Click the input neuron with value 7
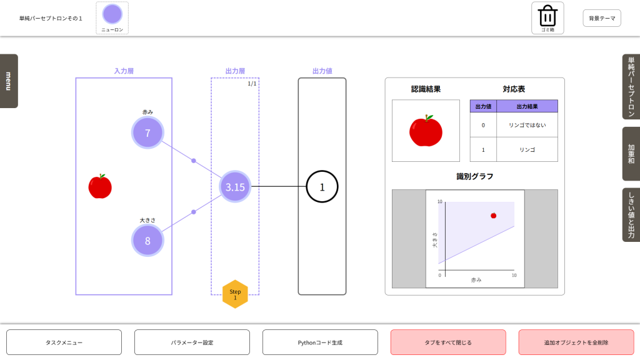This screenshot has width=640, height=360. pyautogui.click(x=147, y=132)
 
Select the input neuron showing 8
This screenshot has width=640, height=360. pyautogui.click(x=147, y=241)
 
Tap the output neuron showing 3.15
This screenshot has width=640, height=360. pyautogui.click(x=235, y=186)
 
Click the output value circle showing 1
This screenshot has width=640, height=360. pyautogui.click(x=322, y=186)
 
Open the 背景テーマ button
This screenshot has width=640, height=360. pyautogui.click(x=602, y=18)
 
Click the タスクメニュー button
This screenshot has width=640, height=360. pyautogui.click(x=64, y=342)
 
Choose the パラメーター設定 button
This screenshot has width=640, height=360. pyautogui.click(x=192, y=342)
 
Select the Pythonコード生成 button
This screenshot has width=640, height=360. pyautogui.click(x=320, y=342)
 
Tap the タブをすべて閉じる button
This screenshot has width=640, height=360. pyautogui.click(x=448, y=342)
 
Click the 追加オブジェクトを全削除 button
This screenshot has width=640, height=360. pyautogui.click(x=576, y=342)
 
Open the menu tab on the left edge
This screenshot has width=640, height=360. pyautogui.click(x=9, y=81)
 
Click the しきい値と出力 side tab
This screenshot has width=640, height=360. pyautogui.click(x=631, y=214)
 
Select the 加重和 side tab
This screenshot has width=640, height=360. pyautogui.click(x=631, y=154)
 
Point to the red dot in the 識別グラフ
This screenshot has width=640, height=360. pyautogui.click(x=493, y=216)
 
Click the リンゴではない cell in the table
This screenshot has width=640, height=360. pyautogui.click(x=527, y=125)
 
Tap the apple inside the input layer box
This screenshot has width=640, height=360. pyautogui.click(x=100, y=186)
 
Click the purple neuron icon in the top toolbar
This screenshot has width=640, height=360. pyautogui.click(x=112, y=14)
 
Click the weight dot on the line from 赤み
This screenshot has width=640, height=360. pyautogui.click(x=194, y=161)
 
